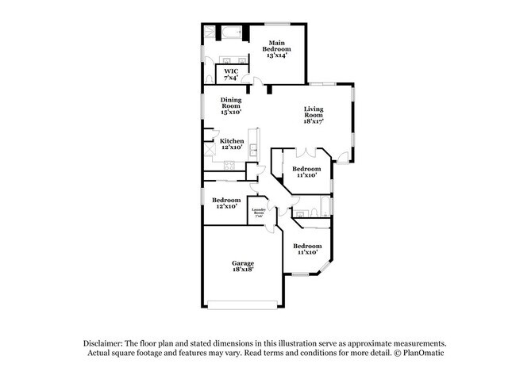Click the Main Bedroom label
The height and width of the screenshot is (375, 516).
click(x=276, y=48)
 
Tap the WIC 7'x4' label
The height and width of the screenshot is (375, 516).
click(x=230, y=74)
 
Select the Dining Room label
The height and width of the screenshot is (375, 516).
click(x=231, y=106)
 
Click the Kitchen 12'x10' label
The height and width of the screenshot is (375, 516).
click(x=232, y=144)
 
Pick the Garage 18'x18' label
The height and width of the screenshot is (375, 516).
click(x=243, y=266)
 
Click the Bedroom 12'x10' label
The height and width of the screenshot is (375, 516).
click(x=226, y=203)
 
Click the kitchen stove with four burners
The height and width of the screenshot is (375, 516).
click(x=229, y=166)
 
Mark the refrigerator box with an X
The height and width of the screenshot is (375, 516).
click(x=210, y=147)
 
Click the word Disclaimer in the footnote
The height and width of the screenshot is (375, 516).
click(x=108, y=342)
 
